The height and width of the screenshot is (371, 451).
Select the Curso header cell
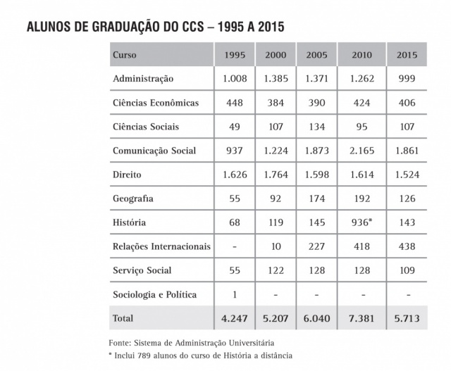(125, 55)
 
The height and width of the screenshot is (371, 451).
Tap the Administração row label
(143, 79)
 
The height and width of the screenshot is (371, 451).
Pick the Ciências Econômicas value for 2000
(276, 103)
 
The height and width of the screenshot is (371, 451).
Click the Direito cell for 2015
(407, 175)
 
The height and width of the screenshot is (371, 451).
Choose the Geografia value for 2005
(317, 199)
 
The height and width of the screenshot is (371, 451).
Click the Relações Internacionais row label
(161, 246)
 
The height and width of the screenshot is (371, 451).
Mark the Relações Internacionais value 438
(407, 246)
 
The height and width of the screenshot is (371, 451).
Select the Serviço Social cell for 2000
(276, 270)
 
